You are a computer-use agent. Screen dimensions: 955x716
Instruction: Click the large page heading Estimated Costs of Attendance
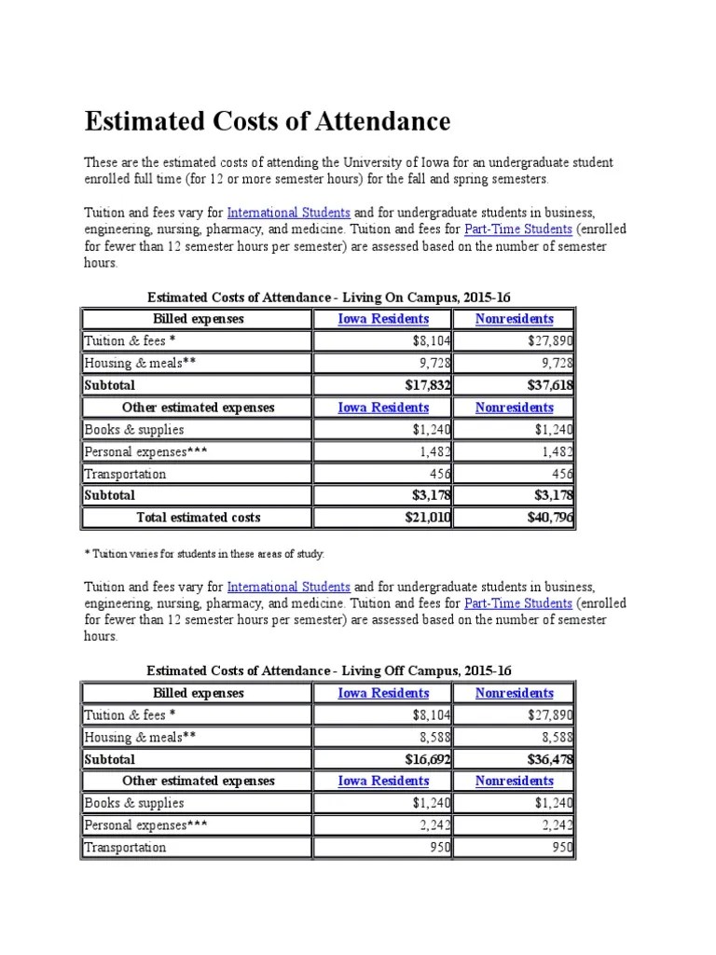click(268, 121)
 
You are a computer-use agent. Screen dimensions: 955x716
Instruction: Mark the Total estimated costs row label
click(199, 517)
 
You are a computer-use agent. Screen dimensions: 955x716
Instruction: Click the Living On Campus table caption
click(329, 297)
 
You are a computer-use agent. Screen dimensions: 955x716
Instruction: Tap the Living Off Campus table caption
click(329, 671)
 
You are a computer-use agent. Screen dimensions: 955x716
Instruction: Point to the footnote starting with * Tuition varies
click(204, 554)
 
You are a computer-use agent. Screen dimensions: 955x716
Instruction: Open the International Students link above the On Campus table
click(288, 213)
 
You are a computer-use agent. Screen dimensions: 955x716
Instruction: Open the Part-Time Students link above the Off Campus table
click(518, 603)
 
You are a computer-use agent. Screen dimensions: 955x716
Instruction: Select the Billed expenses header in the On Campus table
click(198, 319)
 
